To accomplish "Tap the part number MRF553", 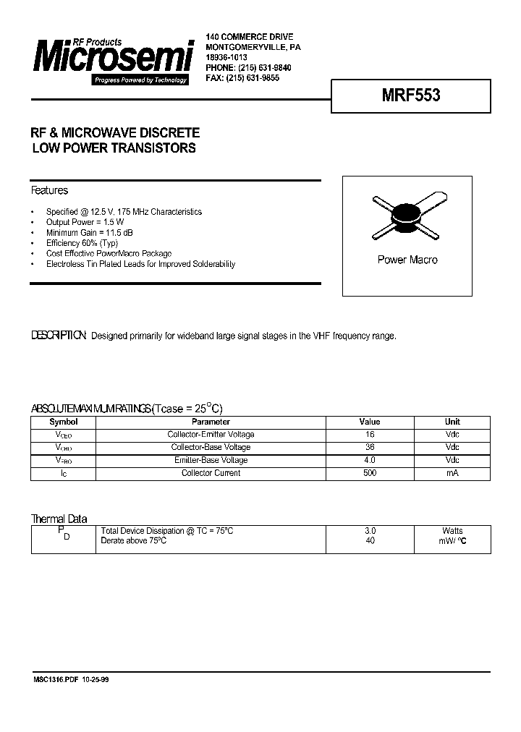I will (x=410, y=95).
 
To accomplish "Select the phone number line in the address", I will (x=248, y=67).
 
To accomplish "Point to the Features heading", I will (x=49, y=191).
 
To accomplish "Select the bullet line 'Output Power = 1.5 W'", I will (x=85, y=222).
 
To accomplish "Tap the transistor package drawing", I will (x=407, y=216).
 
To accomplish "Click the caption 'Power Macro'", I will (x=407, y=260).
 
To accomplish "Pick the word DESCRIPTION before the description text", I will (x=59, y=336).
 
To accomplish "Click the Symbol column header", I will (x=63, y=422).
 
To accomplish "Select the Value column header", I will (x=369, y=422).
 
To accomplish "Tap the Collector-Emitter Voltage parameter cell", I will (x=211, y=435).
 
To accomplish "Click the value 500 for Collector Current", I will (x=369, y=473).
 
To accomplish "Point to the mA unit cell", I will (x=452, y=473).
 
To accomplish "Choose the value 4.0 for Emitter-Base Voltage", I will (x=369, y=460).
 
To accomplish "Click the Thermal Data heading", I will (x=59, y=519).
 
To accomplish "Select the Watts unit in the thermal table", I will (x=452, y=531).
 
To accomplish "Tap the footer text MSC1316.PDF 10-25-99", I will (x=71, y=680).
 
